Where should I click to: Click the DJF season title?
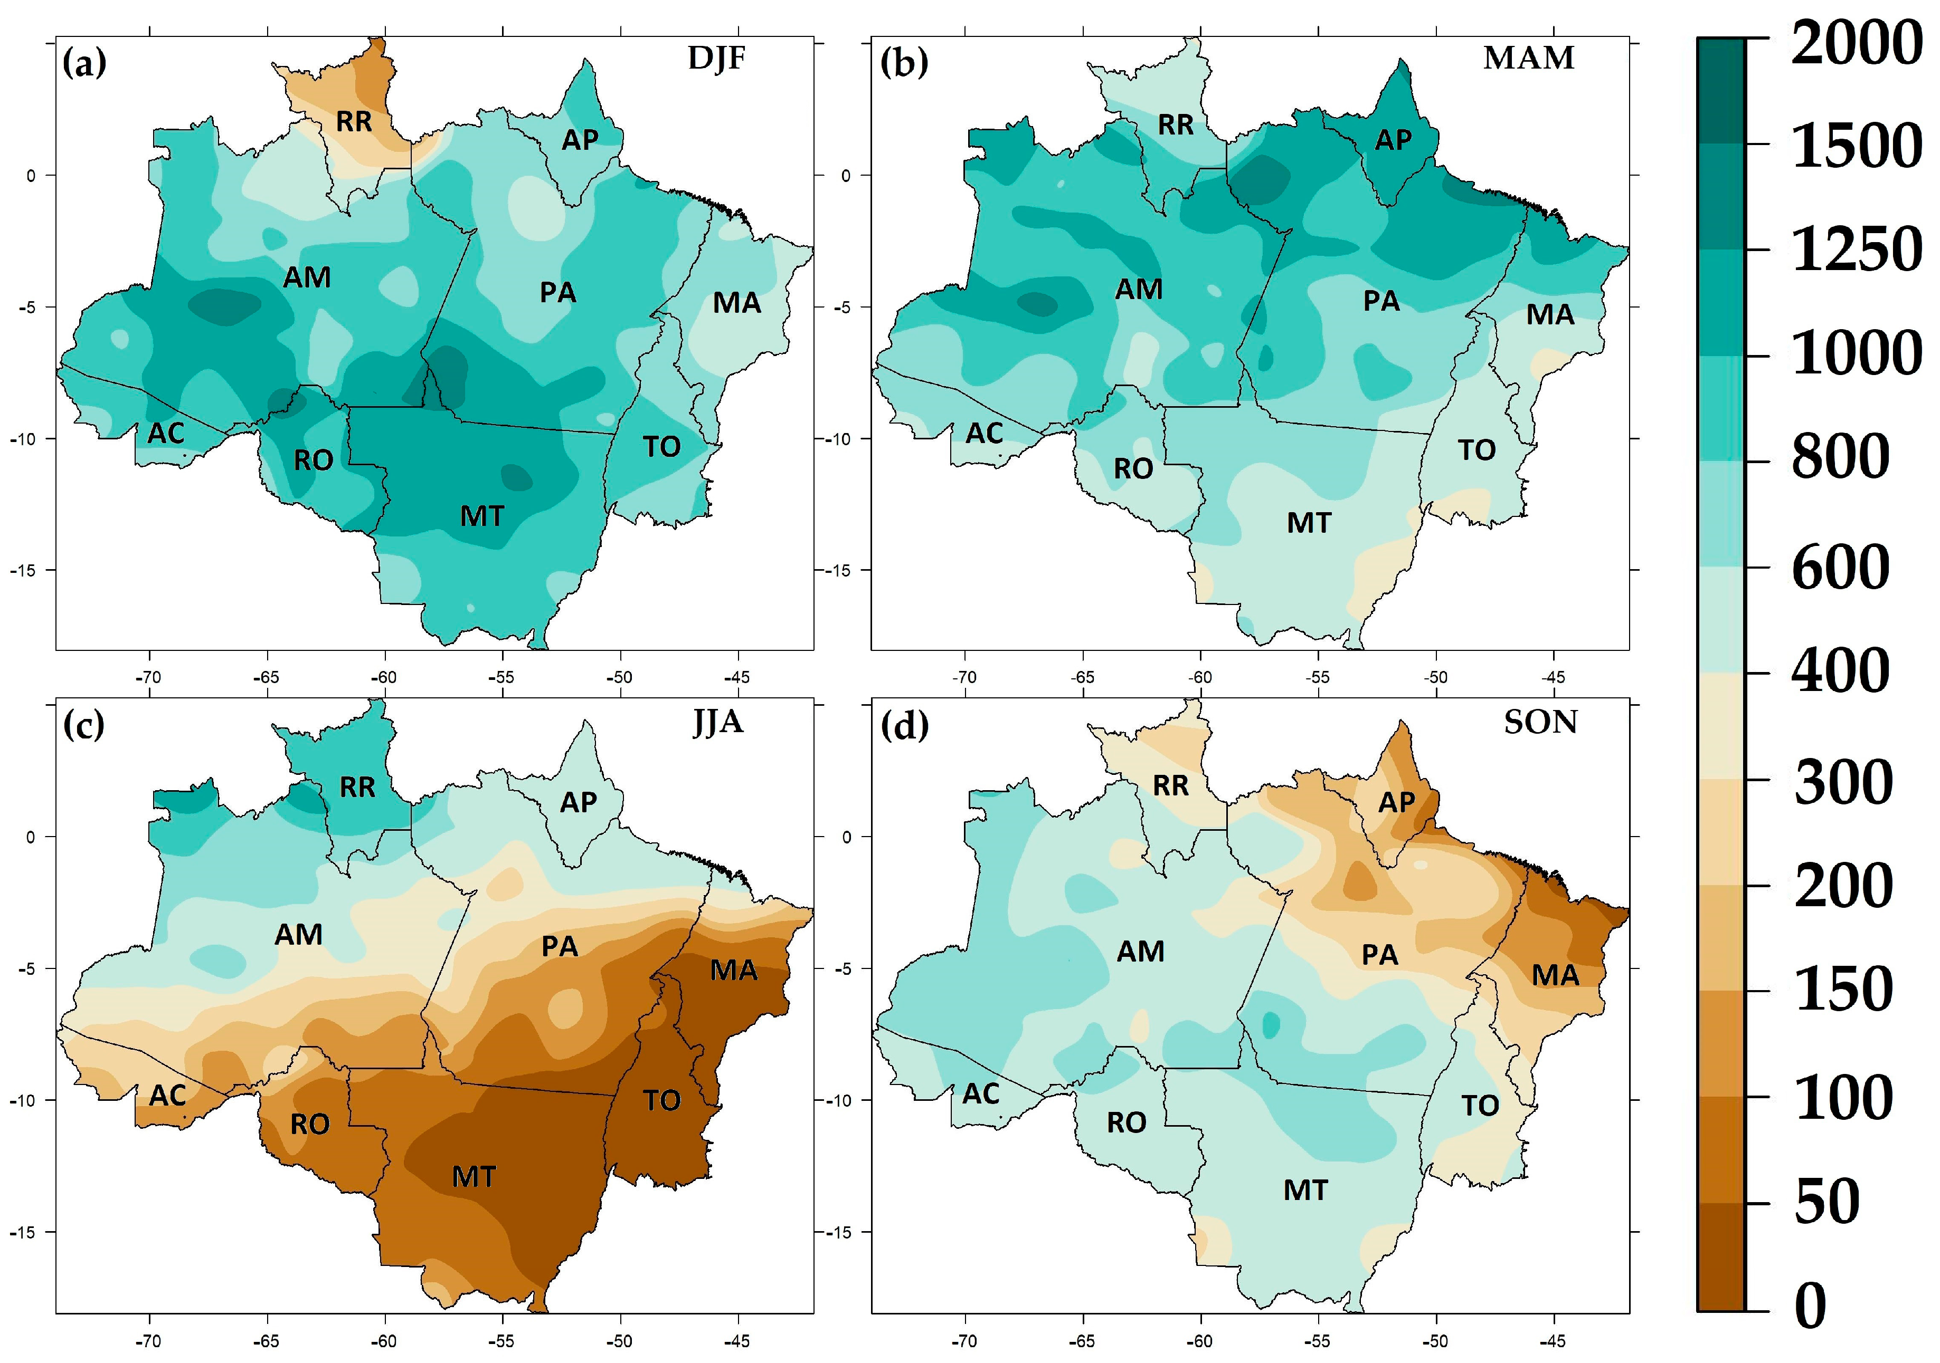pos(716,59)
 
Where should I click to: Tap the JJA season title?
pos(717,723)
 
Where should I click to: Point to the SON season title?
pos(1540,723)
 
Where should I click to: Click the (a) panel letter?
pos(84,63)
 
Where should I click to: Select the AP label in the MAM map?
pos(1393,139)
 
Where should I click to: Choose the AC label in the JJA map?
pos(167,1095)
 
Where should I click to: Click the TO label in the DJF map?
pos(661,447)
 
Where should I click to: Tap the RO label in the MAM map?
pos(1133,469)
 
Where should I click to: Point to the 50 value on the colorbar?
pos(1827,1202)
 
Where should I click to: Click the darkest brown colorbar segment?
pos(1720,1256)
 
